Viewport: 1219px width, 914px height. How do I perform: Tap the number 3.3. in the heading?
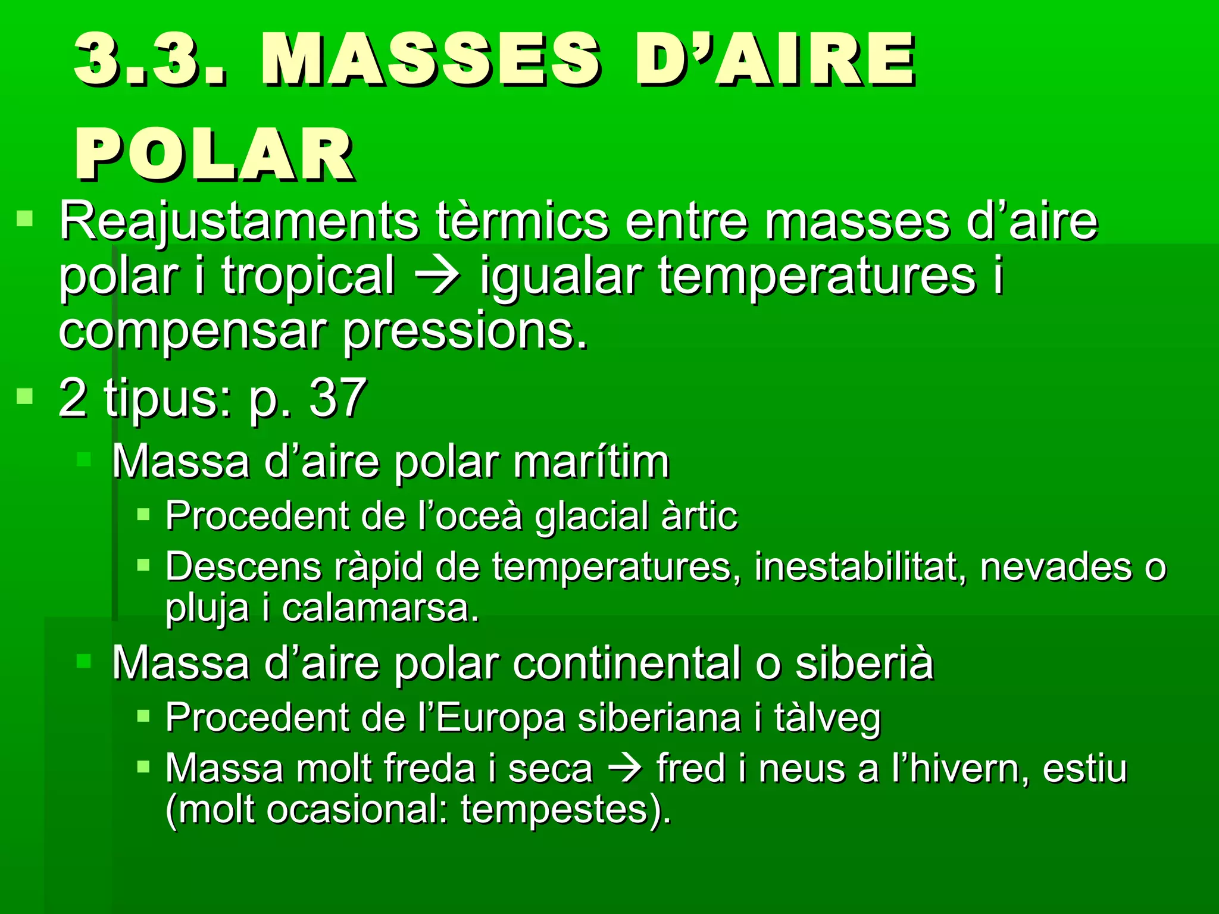[150, 60]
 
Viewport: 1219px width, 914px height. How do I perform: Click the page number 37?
[337, 397]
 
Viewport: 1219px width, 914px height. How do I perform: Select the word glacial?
[590, 515]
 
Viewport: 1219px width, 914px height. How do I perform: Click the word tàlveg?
[827, 718]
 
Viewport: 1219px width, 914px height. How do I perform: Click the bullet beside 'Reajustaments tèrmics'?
[24, 219]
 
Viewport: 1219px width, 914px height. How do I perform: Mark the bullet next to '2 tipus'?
[24, 396]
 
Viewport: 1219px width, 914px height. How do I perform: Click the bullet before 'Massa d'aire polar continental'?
[83, 661]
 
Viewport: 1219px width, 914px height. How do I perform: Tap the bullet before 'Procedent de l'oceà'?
[143, 514]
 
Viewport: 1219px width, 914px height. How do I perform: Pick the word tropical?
[308, 276]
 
